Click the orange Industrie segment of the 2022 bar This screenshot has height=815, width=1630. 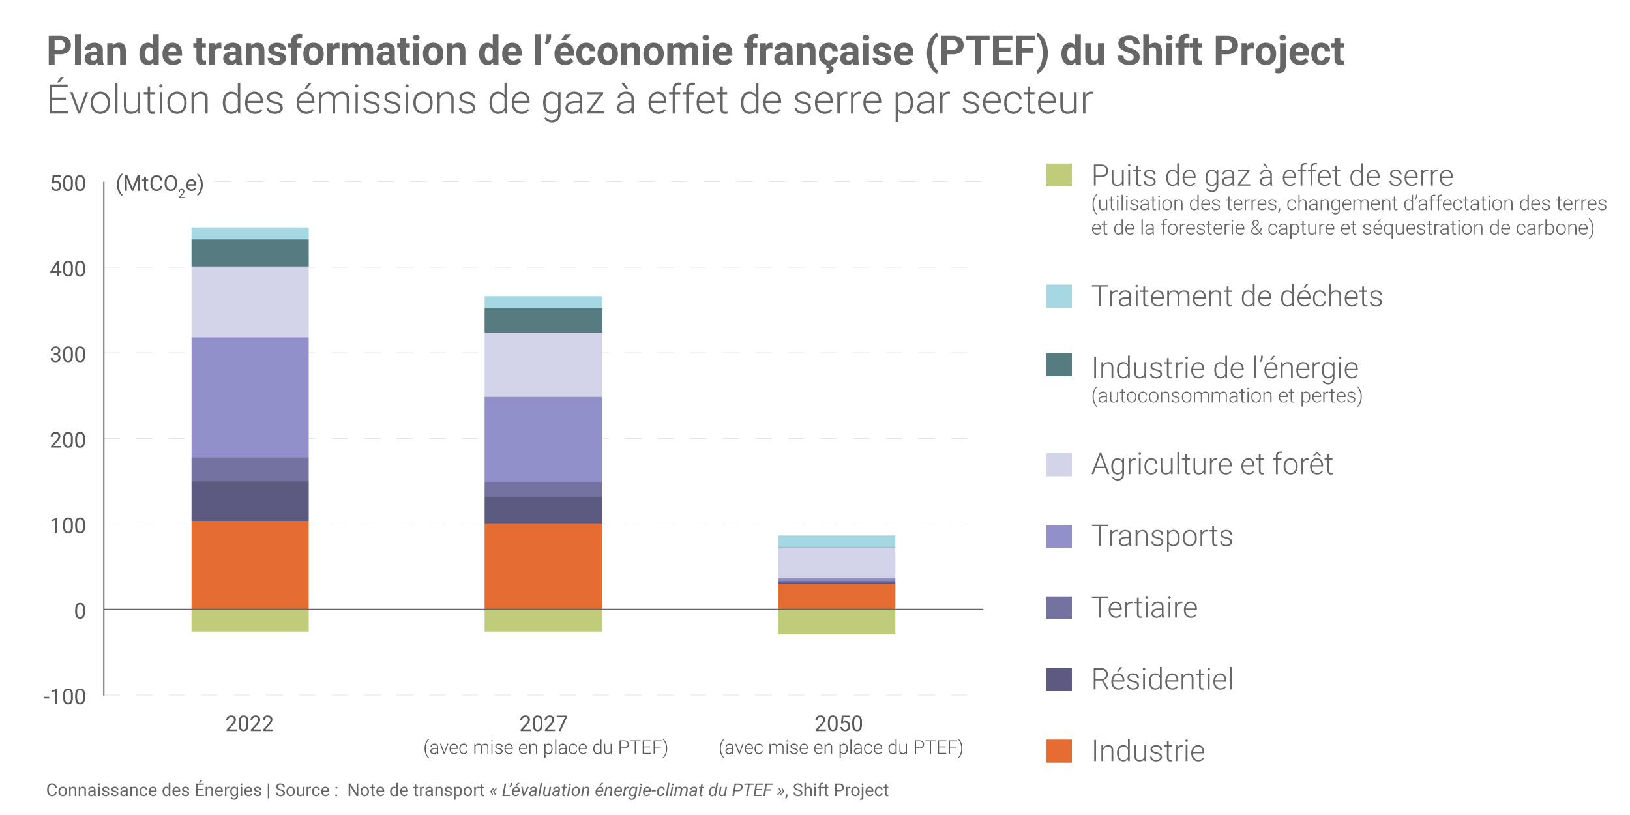coord(250,565)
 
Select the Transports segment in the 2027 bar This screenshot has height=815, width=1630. coord(543,439)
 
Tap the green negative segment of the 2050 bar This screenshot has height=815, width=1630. coord(836,621)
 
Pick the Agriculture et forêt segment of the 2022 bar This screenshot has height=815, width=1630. coord(250,301)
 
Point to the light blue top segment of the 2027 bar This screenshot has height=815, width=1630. coord(543,302)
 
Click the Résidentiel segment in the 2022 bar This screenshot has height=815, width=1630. coord(250,501)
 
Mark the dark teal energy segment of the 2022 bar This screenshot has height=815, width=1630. coord(250,253)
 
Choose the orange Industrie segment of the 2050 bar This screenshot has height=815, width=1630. coord(836,596)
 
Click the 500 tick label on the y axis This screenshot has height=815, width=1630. coord(68,184)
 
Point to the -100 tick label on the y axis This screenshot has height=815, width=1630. coord(65,697)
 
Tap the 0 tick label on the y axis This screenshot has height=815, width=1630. coord(80,612)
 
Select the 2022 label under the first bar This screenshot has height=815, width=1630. coord(249,724)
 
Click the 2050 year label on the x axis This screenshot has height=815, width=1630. coord(838,724)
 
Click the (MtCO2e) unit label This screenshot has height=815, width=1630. coord(160,185)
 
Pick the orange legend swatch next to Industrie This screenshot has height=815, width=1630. coord(1059,751)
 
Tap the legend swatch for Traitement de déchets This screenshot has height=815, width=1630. coord(1059,296)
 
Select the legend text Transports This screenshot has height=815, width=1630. coord(1162,536)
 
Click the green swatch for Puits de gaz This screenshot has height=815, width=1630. coord(1059,175)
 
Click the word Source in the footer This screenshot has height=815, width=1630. coord(303,790)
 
